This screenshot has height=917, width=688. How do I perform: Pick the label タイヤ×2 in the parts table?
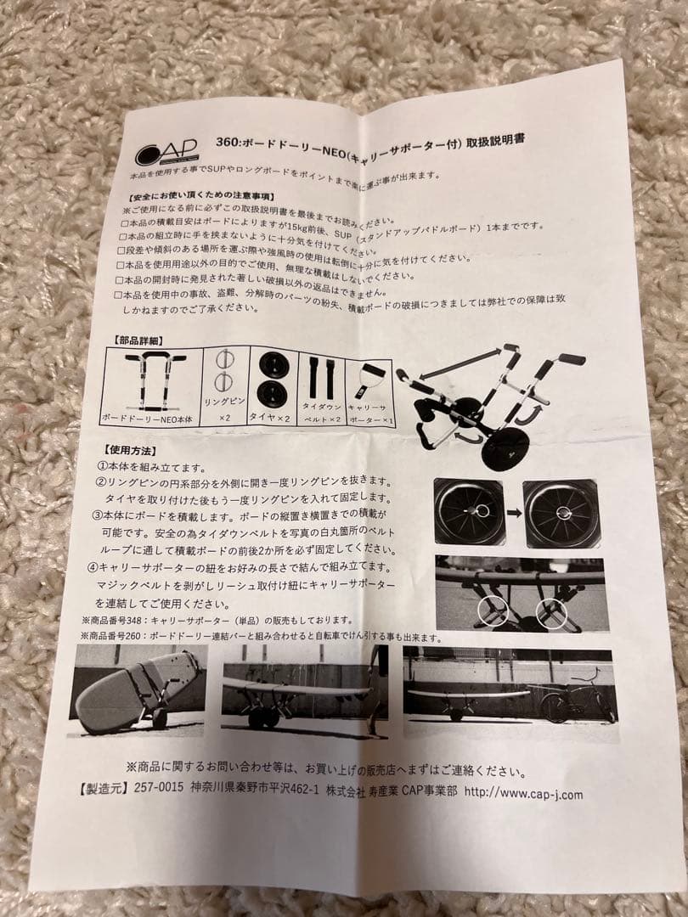coord(271,418)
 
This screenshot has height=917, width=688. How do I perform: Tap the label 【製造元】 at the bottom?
coord(101,789)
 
